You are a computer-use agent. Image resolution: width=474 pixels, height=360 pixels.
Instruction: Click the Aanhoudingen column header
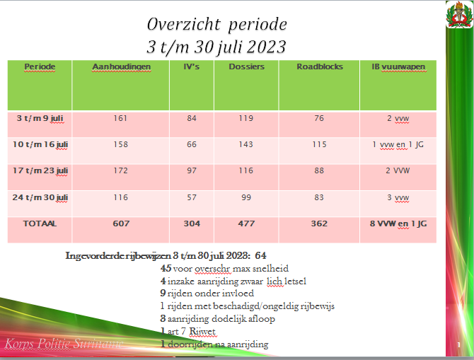(x=121, y=66)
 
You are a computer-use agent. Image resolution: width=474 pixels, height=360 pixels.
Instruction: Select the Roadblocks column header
(x=320, y=66)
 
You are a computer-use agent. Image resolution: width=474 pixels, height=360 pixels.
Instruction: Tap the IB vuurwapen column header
(x=398, y=66)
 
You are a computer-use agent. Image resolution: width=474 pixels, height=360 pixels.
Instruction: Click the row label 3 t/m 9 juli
(x=40, y=117)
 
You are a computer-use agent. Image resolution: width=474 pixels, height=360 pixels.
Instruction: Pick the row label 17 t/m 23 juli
(x=40, y=170)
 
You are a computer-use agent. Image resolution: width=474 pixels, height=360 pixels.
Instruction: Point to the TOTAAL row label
(x=40, y=223)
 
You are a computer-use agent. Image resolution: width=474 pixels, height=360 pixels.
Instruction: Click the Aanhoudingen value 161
(x=120, y=118)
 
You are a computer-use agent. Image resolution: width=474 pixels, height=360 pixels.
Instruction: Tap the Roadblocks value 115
(x=320, y=144)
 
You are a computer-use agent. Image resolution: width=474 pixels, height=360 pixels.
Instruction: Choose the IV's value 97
(x=192, y=170)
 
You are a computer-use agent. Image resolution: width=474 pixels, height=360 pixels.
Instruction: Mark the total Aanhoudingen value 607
(x=121, y=223)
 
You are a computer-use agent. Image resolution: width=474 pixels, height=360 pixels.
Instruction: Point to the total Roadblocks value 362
(x=320, y=223)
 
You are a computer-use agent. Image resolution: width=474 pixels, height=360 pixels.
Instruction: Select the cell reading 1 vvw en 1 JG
(x=398, y=144)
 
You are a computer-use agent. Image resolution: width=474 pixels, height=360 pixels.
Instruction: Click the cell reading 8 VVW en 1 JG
(x=398, y=223)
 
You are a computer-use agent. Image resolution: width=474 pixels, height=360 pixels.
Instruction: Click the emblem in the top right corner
(x=460, y=15)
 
